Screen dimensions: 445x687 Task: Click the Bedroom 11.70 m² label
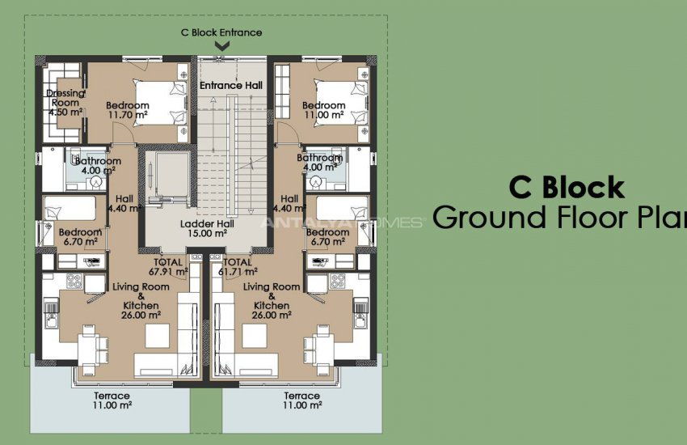(x=127, y=110)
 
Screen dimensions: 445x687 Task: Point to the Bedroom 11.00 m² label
(x=323, y=110)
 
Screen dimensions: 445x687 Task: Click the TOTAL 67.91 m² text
(x=171, y=267)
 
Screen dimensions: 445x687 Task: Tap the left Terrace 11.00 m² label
(x=111, y=400)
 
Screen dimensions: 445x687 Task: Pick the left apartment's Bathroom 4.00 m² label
(x=98, y=165)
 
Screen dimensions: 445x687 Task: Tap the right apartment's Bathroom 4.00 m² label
(x=319, y=162)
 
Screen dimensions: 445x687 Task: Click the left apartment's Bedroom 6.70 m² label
(x=80, y=237)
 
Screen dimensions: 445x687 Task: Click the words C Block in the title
(x=566, y=188)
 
